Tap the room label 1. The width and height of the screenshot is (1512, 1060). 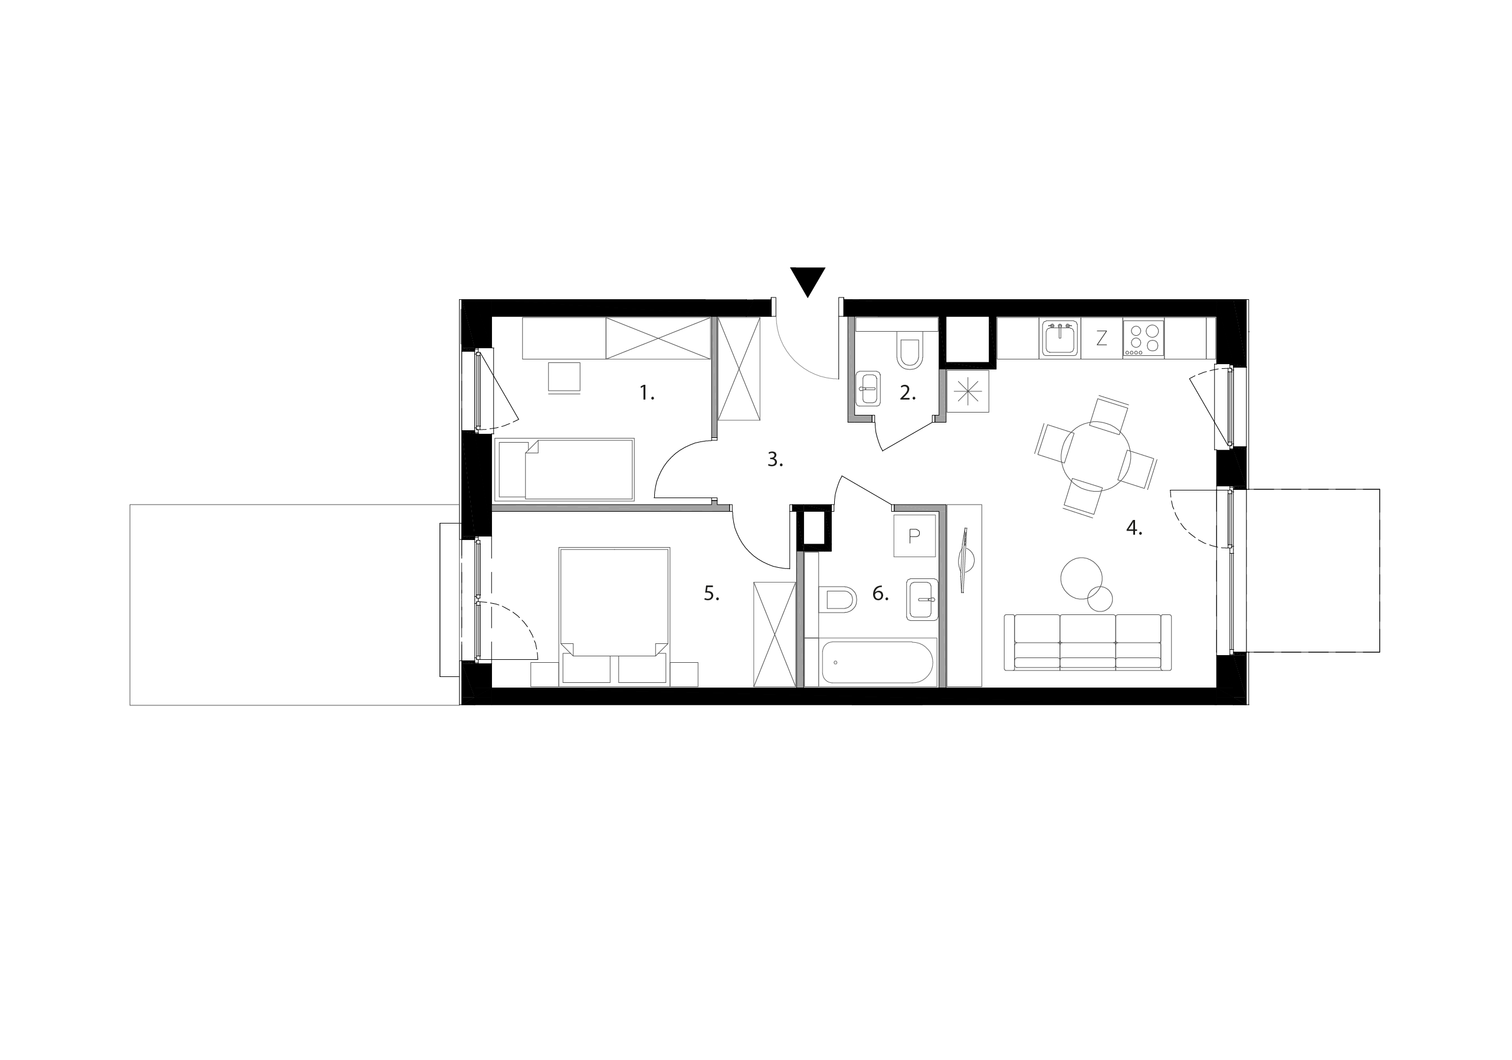tap(647, 394)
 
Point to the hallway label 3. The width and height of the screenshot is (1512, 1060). tap(775, 460)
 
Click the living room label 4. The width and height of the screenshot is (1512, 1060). tap(1133, 528)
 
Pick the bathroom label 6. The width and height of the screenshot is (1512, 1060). tap(880, 594)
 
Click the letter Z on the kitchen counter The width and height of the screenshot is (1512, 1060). tap(1101, 339)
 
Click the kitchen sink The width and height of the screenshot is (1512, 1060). tap(1060, 339)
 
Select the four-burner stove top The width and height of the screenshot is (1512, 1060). tap(1143, 339)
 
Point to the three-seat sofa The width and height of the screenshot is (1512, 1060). tap(1087, 642)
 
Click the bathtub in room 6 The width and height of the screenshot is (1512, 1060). tap(877, 662)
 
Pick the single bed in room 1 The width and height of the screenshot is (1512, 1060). tap(564, 470)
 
